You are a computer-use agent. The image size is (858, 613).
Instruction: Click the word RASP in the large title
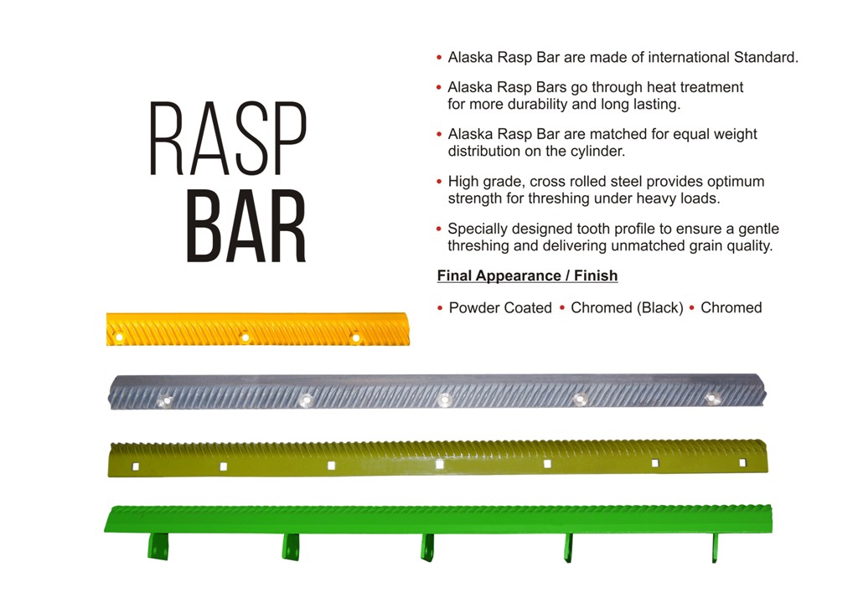tap(228, 138)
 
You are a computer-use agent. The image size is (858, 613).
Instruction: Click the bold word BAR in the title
tap(246, 226)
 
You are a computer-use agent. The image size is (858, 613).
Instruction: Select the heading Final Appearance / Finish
tap(528, 276)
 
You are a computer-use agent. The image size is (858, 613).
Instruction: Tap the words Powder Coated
tap(500, 308)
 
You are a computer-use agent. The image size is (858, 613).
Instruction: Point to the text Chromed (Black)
tap(627, 308)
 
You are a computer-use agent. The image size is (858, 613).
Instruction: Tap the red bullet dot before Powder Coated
tap(440, 308)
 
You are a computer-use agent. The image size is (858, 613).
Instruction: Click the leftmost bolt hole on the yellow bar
tap(118, 337)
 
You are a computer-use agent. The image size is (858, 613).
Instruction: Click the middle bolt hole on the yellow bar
tap(246, 337)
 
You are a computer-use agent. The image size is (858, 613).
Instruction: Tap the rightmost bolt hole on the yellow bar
tap(355, 337)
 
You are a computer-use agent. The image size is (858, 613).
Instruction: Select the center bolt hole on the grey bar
tap(444, 400)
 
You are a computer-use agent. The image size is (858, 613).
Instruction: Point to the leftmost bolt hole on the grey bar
tap(165, 401)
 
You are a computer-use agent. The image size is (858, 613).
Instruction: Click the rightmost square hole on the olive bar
tap(742, 462)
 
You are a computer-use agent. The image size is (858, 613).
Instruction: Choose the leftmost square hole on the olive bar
tap(136, 466)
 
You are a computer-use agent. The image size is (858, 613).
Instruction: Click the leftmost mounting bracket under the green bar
tap(158, 546)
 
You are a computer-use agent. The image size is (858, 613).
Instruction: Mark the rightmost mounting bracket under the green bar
tap(715, 548)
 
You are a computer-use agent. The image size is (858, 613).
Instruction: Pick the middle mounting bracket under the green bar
tap(427, 548)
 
